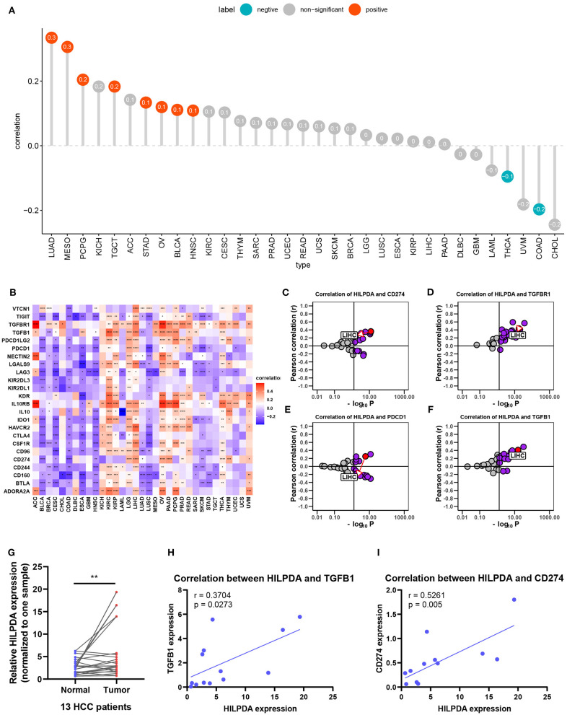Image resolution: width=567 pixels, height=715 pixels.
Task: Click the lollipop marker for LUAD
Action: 51,37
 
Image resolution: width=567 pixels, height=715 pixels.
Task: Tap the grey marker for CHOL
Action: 554,225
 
